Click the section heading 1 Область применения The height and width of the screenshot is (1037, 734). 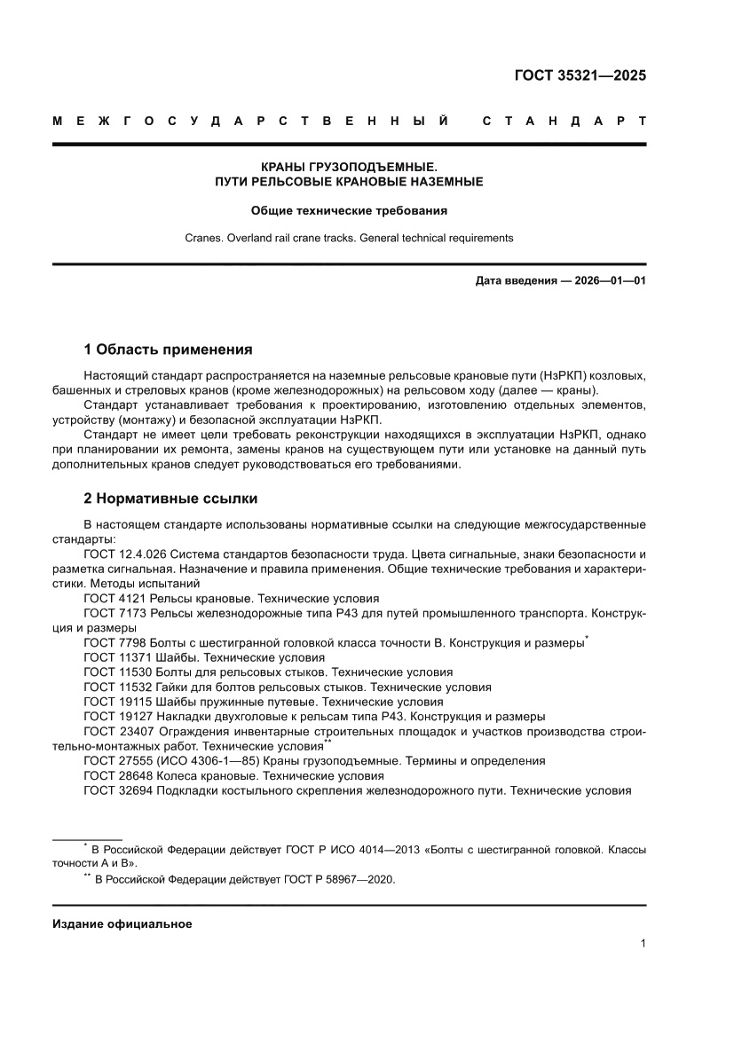(x=168, y=349)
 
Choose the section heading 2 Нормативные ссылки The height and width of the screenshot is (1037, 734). (x=170, y=499)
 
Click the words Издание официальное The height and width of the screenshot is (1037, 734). (x=122, y=923)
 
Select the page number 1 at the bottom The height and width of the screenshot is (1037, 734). (x=642, y=944)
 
